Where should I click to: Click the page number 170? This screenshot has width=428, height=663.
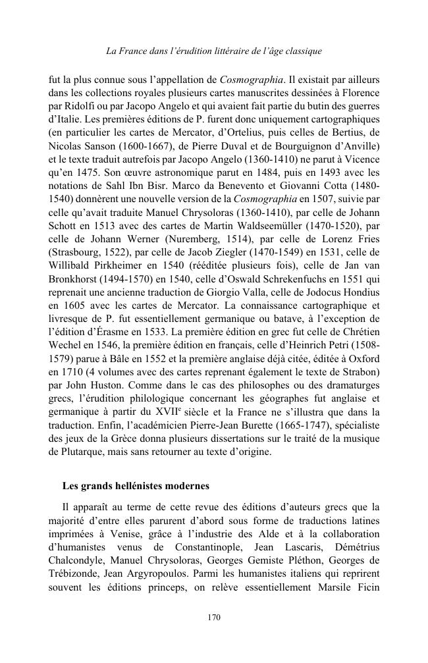pyautogui.click(x=214, y=617)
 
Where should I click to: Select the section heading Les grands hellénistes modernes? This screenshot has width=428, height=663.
pyautogui.click(x=136, y=487)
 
